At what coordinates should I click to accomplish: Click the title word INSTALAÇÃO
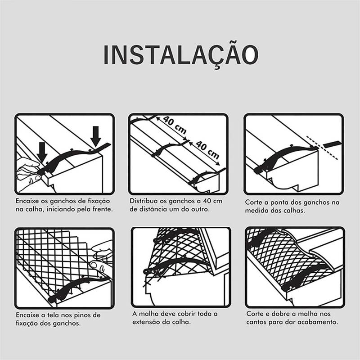(181, 54)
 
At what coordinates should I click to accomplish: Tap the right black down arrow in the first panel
(95, 136)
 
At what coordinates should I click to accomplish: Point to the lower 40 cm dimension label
(207, 150)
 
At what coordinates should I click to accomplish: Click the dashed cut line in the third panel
(322, 148)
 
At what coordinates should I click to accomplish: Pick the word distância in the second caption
(151, 209)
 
